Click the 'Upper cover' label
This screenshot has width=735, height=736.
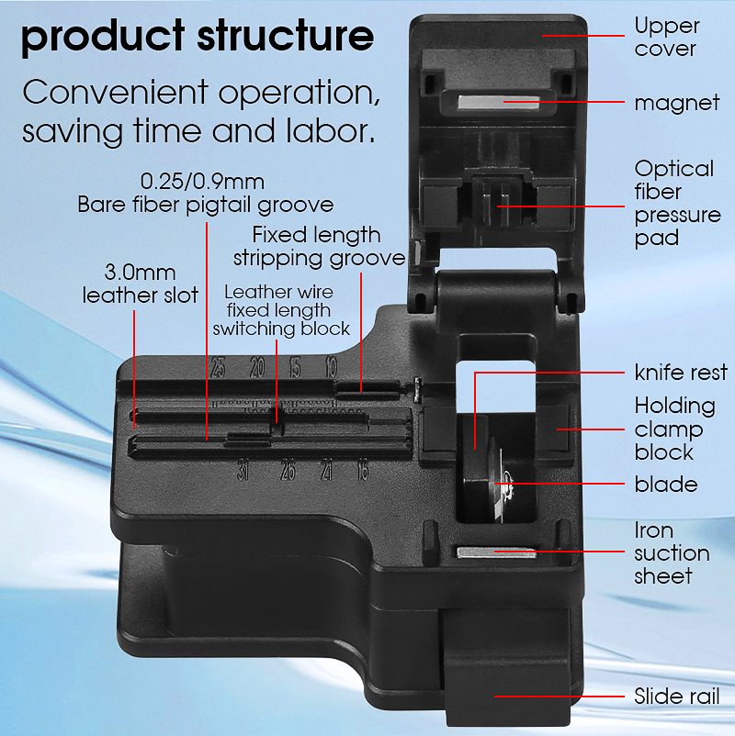[x=667, y=38]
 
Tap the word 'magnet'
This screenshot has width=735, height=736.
[x=677, y=103]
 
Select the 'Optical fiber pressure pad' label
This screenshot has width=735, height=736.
[x=677, y=203]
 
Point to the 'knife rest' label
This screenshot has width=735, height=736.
[x=681, y=373]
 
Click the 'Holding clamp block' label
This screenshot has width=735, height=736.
[x=675, y=429]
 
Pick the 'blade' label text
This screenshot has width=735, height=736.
[x=666, y=485]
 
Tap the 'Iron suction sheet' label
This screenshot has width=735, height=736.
[x=672, y=553]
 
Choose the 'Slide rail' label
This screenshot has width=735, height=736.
[x=677, y=697]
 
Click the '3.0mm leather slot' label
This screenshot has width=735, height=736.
[x=140, y=284]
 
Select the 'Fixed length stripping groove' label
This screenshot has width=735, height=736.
[x=319, y=247]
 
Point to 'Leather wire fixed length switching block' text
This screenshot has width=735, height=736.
[x=281, y=310]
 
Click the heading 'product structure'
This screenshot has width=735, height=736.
[x=198, y=37]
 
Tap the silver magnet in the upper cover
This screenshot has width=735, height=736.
[x=498, y=103]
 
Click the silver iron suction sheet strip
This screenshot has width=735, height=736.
[x=497, y=552]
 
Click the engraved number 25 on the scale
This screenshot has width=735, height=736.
[x=218, y=367]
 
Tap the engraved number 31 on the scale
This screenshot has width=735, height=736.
[x=243, y=471]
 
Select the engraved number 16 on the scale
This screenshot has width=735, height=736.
[x=362, y=471]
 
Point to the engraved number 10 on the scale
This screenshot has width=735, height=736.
[x=332, y=367]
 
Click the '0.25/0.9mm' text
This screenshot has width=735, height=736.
[x=202, y=182]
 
